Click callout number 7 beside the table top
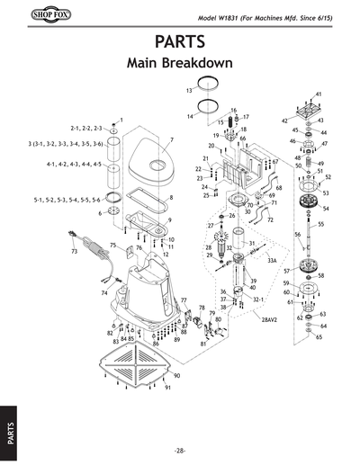170,139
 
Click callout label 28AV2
270,318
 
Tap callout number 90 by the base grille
177,375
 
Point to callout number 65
319,336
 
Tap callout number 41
318,94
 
